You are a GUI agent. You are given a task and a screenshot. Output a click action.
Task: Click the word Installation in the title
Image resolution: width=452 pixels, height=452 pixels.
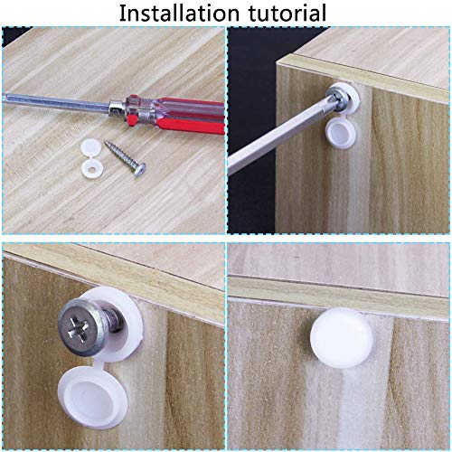click(x=179, y=13)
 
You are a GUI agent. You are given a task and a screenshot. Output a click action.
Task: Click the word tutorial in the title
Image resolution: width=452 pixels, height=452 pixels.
click(x=287, y=13)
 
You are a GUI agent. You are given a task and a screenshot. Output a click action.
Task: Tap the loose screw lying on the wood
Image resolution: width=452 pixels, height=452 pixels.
click(x=126, y=158)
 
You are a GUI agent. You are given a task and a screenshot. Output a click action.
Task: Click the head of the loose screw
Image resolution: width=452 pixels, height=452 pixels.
click(x=140, y=170)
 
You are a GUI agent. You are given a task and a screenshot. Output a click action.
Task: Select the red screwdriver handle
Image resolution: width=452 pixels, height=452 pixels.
click(x=176, y=115)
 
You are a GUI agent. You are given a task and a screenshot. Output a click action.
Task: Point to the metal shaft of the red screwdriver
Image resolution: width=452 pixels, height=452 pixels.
click(x=56, y=101)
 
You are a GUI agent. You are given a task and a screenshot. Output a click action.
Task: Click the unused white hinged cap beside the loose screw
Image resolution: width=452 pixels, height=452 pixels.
click(x=92, y=157)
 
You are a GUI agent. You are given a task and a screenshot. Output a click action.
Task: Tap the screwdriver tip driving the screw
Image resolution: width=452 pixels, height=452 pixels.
click(x=332, y=98)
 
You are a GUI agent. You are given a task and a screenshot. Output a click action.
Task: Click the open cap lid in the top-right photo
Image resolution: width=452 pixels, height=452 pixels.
click(x=340, y=133)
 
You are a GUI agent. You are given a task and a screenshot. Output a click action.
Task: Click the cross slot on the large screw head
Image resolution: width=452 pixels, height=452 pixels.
click(x=78, y=328)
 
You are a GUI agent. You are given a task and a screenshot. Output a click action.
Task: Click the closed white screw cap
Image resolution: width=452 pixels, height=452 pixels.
click(x=342, y=337)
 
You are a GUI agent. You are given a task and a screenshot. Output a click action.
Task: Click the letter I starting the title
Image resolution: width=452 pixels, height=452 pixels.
click(x=122, y=14)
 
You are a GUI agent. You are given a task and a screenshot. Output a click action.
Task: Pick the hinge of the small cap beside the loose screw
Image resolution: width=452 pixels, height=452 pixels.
click(x=91, y=157)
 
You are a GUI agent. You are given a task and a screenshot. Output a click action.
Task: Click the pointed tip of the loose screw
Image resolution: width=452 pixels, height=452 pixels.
click(x=106, y=142)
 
